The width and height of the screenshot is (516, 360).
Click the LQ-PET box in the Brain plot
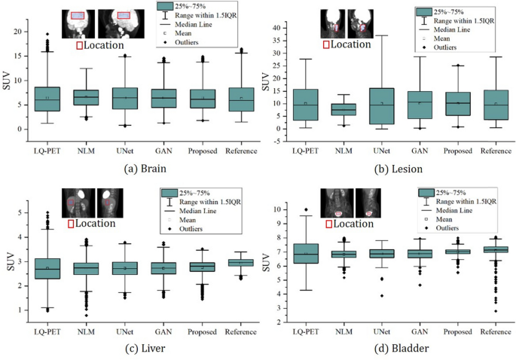tap(47, 99)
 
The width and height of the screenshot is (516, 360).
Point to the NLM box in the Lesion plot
tap(343, 109)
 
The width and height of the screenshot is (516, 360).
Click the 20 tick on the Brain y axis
tap(20, 31)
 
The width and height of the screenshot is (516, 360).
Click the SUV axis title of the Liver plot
tap(10, 261)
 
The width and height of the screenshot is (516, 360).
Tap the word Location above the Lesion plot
tap(351, 44)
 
